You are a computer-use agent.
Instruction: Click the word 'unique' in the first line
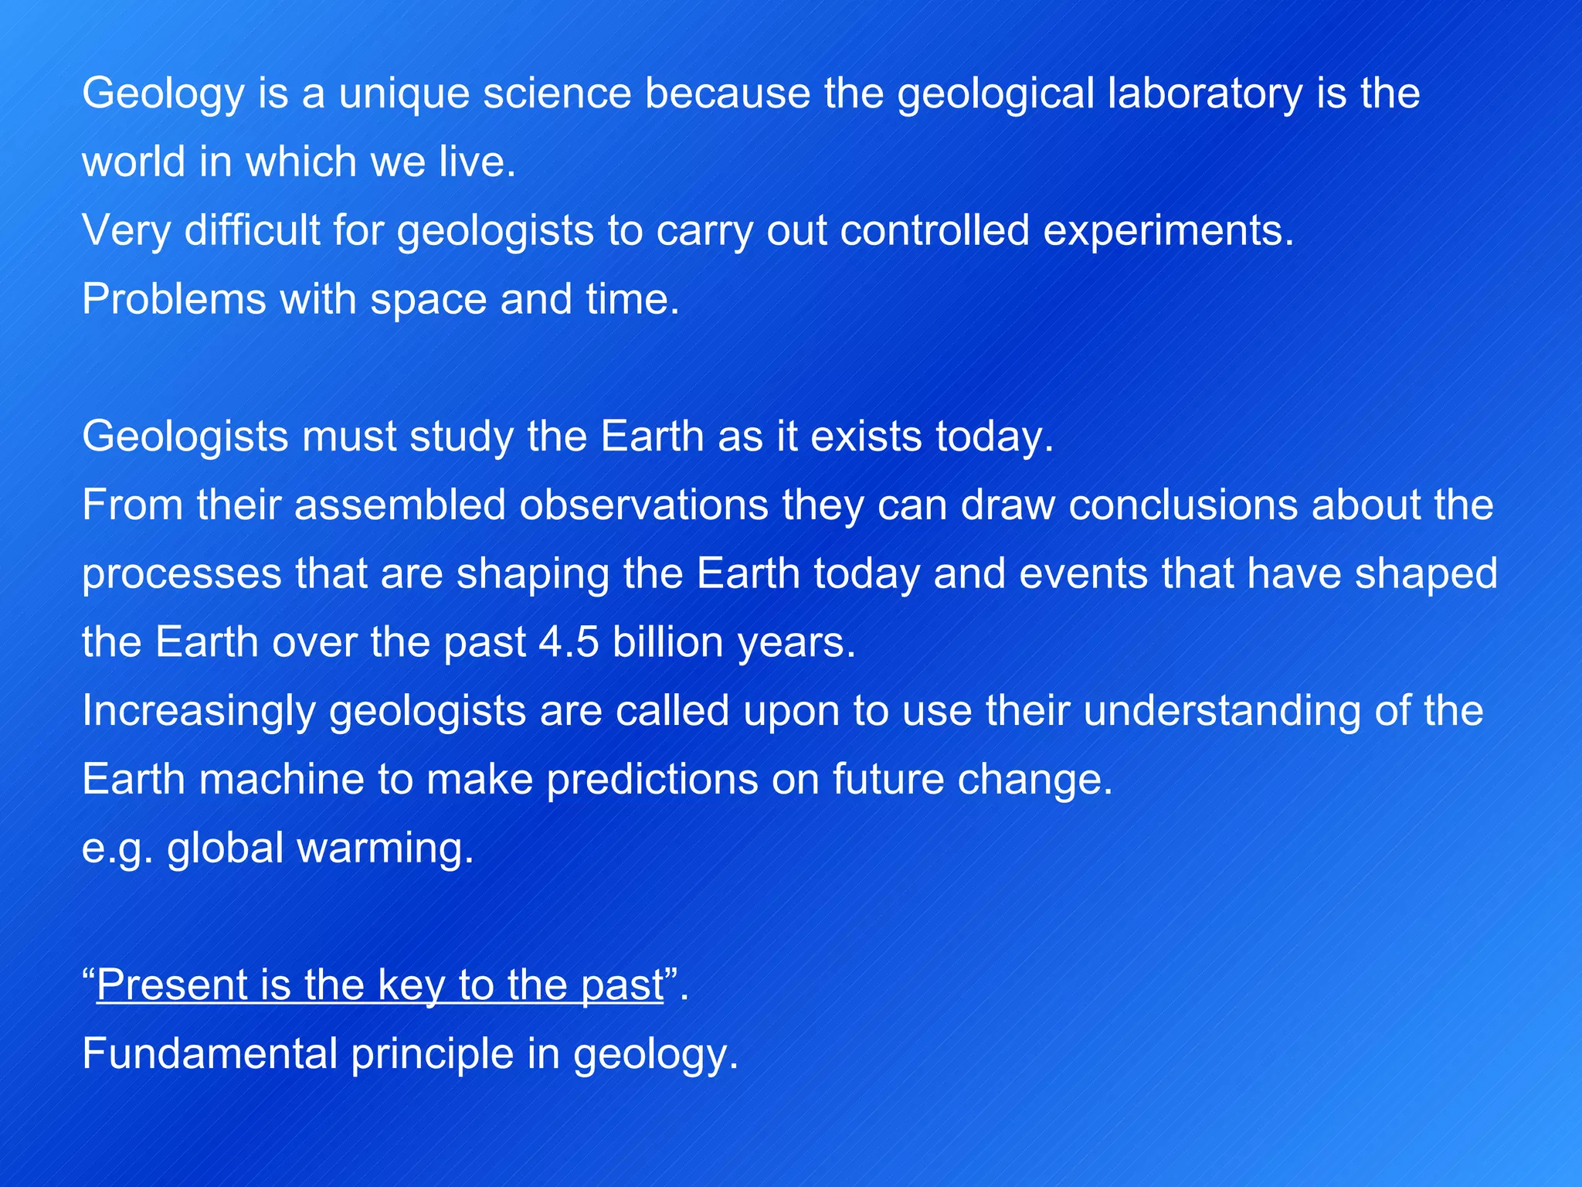[x=403, y=94]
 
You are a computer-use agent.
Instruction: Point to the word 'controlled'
[x=935, y=231]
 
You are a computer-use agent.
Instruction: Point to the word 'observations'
[x=643, y=505]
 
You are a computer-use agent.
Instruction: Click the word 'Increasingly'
[x=199, y=712]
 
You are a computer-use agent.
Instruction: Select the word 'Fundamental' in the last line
[x=209, y=1054]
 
